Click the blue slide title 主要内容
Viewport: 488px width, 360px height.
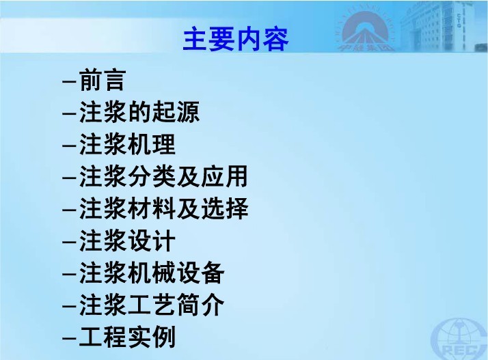pyautogui.click(x=236, y=39)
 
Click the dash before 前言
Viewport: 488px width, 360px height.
pyautogui.click(x=69, y=82)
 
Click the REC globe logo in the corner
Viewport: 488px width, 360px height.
pyautogui.click(x=459, y=340)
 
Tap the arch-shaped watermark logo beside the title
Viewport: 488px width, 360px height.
pyautogui.click(x=366, y=31)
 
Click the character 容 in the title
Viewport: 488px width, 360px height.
pyautogui.click(x=275, y=39)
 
